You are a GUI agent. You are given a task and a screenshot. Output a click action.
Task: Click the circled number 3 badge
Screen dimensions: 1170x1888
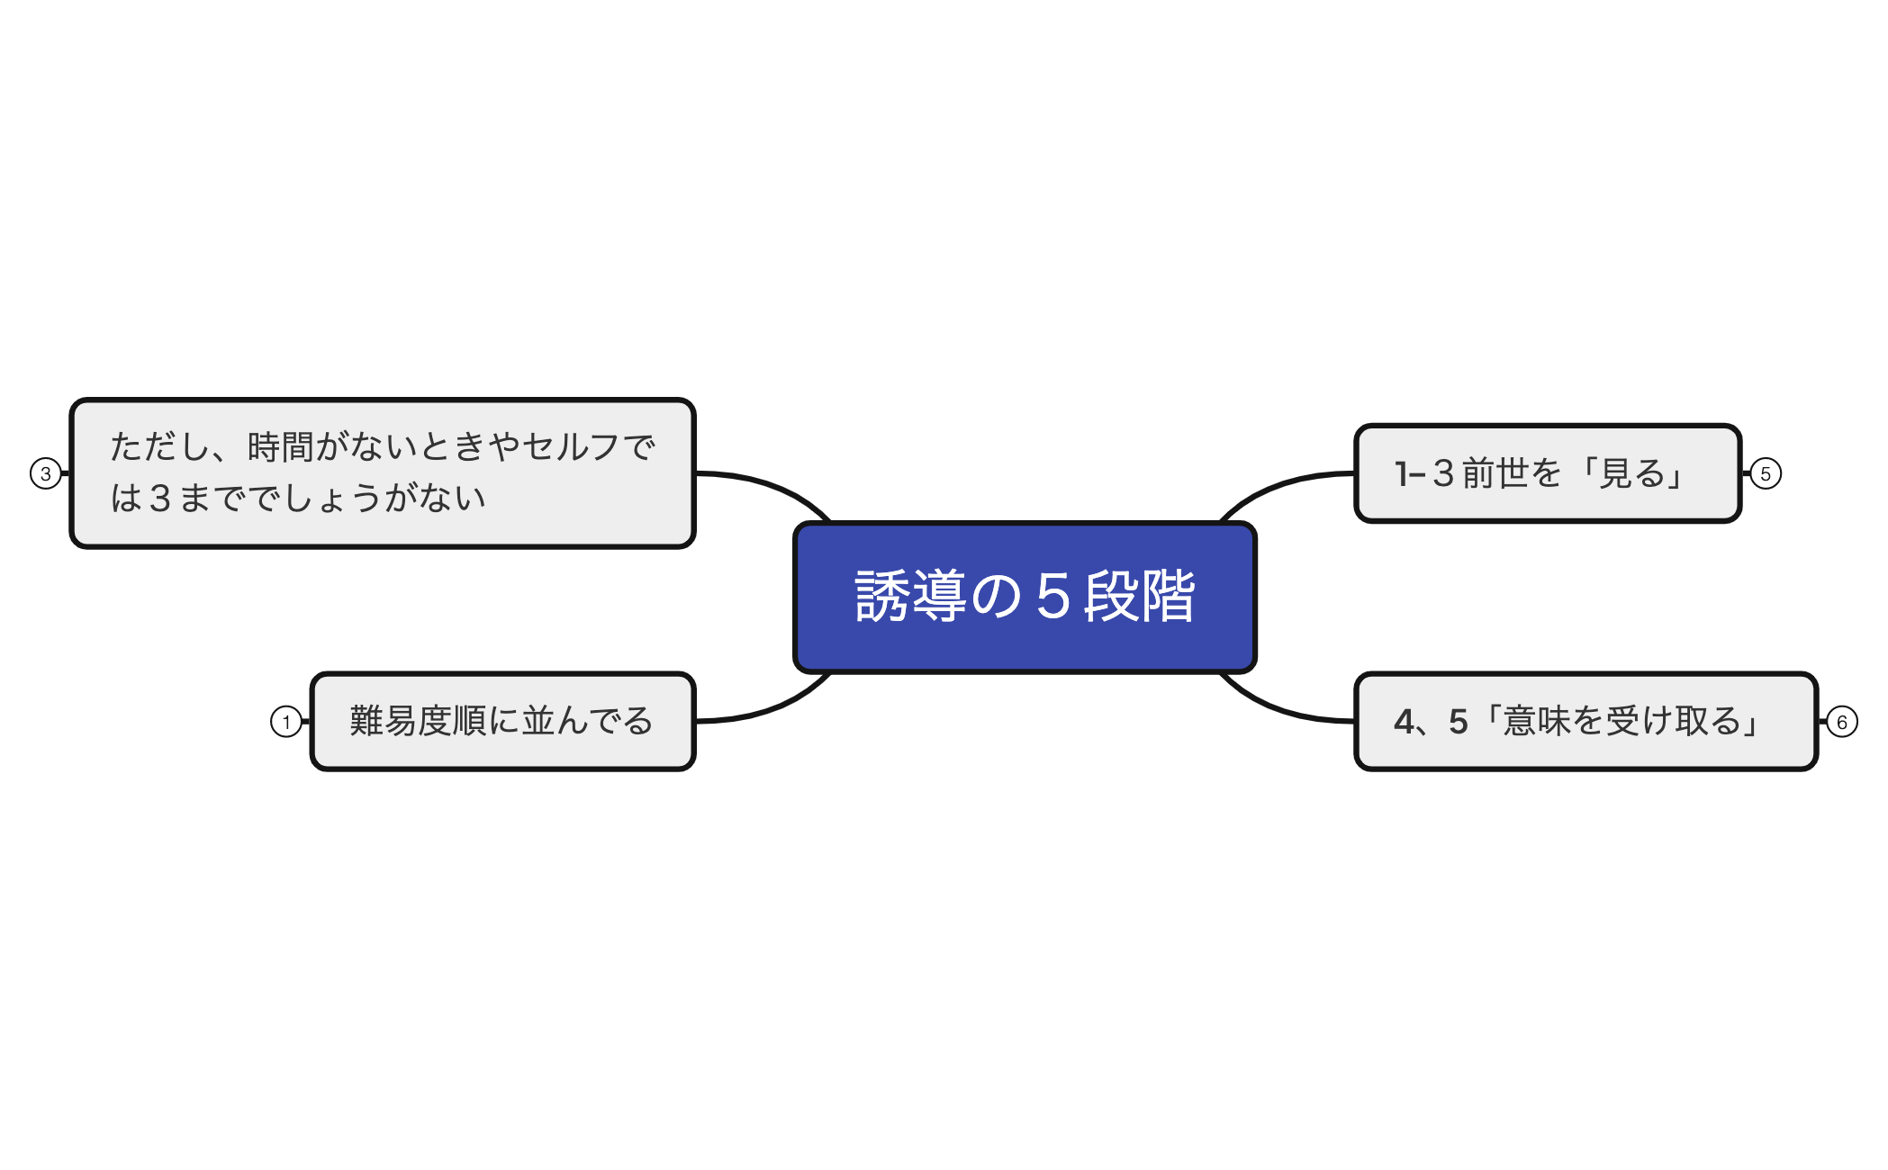tap(46, 473)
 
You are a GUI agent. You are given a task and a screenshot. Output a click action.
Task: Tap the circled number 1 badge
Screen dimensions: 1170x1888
tap(286, 722)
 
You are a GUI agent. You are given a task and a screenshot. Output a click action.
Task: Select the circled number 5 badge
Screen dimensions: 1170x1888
tap(1766, 473)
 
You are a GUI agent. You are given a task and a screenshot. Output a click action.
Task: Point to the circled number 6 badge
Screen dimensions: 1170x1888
tap(1841, 722)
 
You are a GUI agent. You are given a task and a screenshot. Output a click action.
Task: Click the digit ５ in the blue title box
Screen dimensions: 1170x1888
tap(1052, 597)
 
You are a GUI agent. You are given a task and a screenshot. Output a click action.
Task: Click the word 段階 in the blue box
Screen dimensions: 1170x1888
tap(1140, 597)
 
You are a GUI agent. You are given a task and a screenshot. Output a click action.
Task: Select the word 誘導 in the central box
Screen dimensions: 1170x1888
tap(910, 597)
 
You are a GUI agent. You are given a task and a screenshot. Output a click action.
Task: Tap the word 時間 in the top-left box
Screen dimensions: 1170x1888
tap(280, 447)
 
